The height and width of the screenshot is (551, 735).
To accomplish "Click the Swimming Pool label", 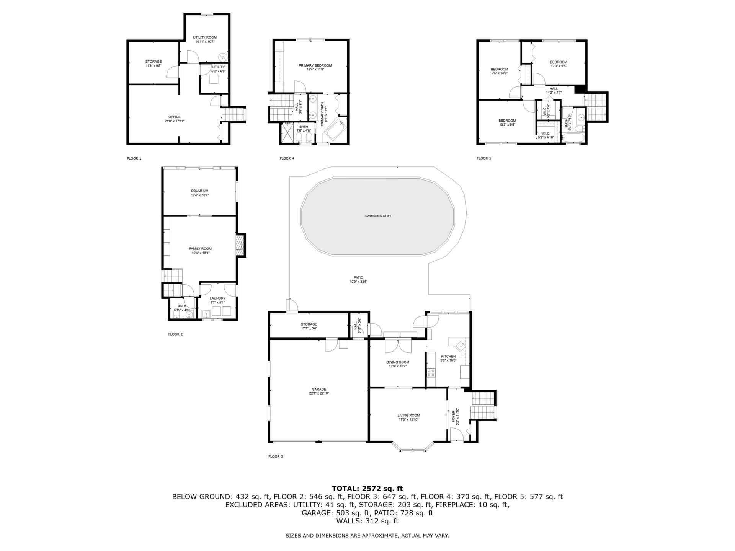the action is (x=378, y=216).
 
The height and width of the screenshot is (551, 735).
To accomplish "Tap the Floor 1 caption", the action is (x=134, y=158).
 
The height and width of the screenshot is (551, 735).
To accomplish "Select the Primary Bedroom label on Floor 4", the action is (x=315, y=65).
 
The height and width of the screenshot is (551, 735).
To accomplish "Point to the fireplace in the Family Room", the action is (x=240, y=245).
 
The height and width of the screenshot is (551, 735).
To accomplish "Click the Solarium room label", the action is (x=200, y=191).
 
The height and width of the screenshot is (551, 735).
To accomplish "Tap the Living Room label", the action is (x=408, y=415).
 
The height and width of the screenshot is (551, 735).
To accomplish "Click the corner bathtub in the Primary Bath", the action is (x=334, y=131).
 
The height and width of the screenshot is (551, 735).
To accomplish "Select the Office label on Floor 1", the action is (x=175, y=117).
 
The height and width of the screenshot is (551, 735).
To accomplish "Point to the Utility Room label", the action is (x=205, y=37).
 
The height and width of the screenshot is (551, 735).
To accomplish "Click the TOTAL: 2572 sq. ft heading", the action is (x=367, y=488).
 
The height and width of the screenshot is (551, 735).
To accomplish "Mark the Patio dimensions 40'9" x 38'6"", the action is (x=358, y=282).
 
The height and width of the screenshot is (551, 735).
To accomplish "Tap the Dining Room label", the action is (x=398, y=362).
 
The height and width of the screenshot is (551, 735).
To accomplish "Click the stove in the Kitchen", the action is (x=431, y=372).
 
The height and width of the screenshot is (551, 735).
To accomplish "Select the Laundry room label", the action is (x=217, y=298).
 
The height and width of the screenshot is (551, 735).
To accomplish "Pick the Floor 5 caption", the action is (x=484, y=158).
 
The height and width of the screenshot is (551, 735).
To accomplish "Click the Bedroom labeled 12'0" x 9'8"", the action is (x=559, y=62).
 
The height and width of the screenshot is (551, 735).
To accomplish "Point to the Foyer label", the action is (x=453, y=416).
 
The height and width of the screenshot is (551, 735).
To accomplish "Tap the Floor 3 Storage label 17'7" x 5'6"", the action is (x=309, y=324).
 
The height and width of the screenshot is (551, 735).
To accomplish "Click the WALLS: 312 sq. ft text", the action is (x=367, y=521).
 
